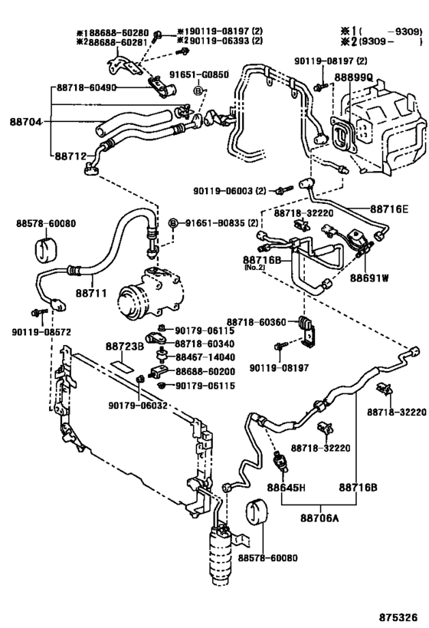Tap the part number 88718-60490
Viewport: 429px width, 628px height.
click(87, 88)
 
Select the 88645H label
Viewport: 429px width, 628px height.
click(287, 487)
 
